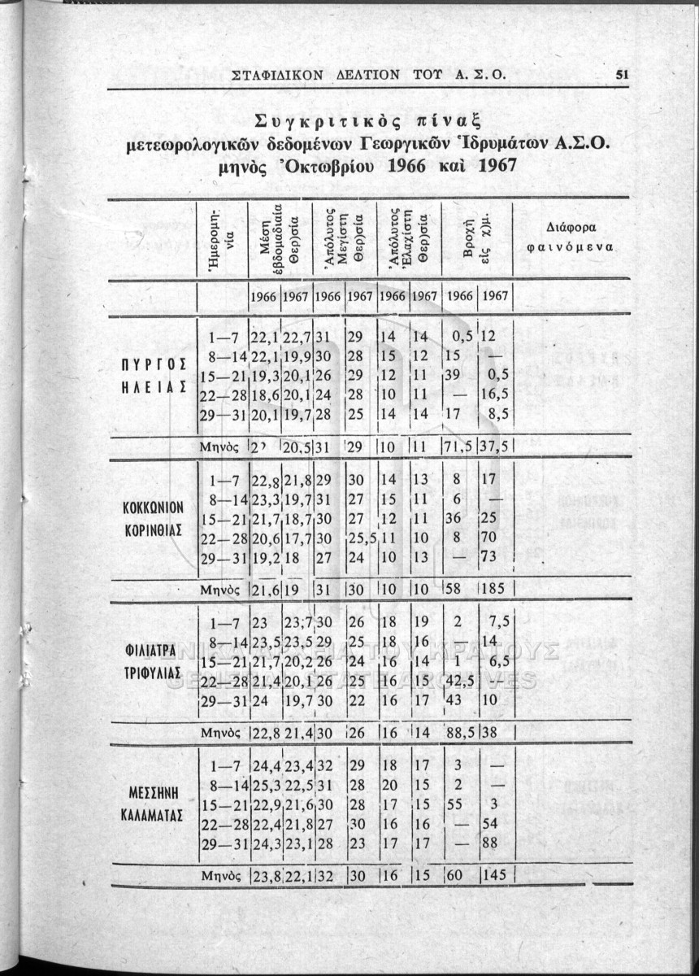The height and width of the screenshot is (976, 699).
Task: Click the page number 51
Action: (x=623, y=74)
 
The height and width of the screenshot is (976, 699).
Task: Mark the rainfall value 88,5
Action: (x=458, y=730)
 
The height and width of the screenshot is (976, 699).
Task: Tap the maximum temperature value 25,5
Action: (x=359, y=537)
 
